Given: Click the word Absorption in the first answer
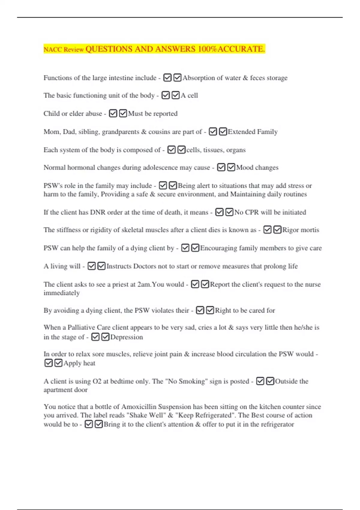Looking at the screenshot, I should tap(198, 78).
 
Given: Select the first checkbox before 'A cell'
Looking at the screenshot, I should tap(166, 95).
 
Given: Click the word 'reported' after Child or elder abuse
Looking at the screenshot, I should tap(165, 114).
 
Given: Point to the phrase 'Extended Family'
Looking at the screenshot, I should tap(253, 132).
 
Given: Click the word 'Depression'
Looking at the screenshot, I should tap(127, 337).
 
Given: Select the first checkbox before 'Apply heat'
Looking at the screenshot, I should tap(48, 363).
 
